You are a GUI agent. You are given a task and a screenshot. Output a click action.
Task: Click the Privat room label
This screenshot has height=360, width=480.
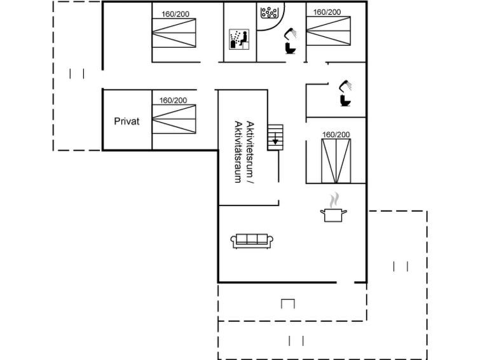pos(127,121)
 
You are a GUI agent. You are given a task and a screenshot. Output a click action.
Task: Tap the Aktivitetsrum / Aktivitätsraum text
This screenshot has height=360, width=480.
pos(245,152)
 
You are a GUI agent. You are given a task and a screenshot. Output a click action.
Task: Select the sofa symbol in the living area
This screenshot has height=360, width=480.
pos(252,241)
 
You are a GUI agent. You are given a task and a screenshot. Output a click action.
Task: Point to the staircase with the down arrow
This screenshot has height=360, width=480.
pos(275,137)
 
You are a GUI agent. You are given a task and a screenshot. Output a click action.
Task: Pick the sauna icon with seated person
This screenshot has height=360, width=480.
pos(239,39)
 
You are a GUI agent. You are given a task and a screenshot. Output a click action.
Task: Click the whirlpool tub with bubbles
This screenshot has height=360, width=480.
pos(270,13)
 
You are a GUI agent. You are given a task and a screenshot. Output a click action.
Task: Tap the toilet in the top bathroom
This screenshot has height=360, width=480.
pos(290,48)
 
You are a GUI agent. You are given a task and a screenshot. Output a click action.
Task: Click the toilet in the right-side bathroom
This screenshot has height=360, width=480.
pos(346,100)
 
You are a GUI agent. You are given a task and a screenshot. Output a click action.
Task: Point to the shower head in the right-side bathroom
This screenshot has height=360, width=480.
pos(345,85)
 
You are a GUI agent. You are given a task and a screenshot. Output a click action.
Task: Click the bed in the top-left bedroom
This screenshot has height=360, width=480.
pos(174,33)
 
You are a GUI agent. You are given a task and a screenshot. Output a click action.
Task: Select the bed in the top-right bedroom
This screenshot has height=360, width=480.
pos(329,31)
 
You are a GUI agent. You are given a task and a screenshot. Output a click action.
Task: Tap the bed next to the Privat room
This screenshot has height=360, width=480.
pos(174,119)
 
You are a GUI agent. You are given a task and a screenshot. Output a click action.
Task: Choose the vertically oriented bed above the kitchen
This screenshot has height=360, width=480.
pos(336,161)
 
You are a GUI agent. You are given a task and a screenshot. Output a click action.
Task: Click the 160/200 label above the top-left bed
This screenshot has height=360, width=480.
pos(175,14)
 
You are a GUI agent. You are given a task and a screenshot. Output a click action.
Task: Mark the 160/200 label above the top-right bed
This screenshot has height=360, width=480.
pos(327,12)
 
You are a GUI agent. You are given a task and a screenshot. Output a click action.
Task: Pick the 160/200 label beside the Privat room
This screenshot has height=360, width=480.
pos(173,100)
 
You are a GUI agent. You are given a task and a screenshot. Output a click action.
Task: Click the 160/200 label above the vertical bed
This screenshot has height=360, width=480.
pos(336,135)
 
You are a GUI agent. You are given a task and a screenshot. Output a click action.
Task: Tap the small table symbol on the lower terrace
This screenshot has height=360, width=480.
pos(288,303)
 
